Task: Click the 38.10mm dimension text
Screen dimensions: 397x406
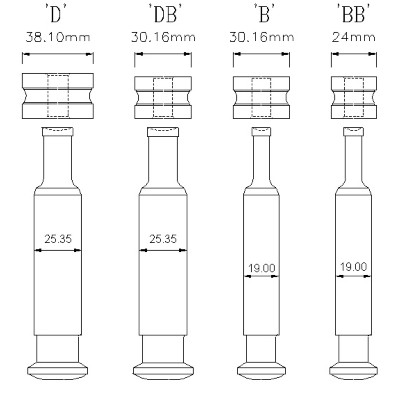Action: pos(58,37)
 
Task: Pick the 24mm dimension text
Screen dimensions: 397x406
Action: pos(354,37)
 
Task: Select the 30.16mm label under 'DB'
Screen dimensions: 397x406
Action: pos(163,37)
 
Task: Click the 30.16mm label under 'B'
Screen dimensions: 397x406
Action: pos(261,37)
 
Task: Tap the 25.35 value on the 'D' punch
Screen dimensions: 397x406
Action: pos(58,239)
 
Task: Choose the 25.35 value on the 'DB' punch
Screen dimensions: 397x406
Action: pos(163,239)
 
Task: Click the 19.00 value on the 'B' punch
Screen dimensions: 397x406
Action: pos(261,268)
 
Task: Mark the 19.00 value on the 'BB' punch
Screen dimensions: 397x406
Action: pos(353,267)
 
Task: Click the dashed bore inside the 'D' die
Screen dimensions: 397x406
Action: pos(58,96)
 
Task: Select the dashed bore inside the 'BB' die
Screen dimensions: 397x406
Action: pos(354,97)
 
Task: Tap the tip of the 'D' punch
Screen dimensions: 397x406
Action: pos(58,131)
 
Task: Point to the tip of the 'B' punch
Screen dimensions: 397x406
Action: pos(261,132)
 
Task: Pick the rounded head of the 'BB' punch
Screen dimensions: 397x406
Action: pos(354,370)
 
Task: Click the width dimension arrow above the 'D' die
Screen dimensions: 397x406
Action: pos(58,54)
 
